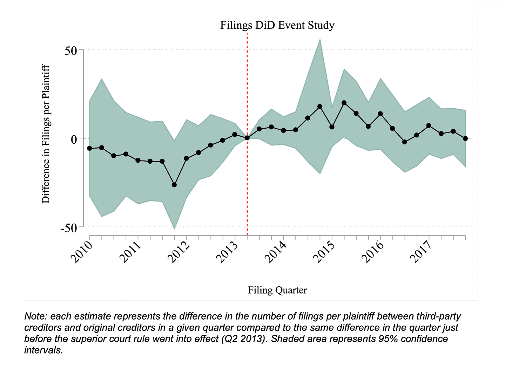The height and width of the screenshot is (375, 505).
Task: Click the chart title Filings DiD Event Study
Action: tap(277, 25)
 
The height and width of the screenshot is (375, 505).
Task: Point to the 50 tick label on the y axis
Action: tap(71, 50)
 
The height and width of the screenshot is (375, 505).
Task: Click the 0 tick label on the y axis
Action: tap(74, 139)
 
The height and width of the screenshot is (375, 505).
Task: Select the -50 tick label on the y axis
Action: tap(69, 228)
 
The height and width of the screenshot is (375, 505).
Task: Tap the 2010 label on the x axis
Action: tap(82, 252)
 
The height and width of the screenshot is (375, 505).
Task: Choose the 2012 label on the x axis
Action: tap(179, 252)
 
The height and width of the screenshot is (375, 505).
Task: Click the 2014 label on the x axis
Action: tap(275, 252)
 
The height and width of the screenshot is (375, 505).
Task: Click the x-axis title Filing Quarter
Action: tap(277, 290)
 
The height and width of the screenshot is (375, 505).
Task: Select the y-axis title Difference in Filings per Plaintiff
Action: tap(46, 134)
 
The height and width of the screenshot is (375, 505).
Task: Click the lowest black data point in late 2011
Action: tap(174, 185)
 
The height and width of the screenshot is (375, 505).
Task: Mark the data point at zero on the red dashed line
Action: tap(247, 138)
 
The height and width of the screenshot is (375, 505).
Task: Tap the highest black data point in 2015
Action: tap(344, 103)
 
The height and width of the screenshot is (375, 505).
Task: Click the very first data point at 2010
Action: tap(90, 148)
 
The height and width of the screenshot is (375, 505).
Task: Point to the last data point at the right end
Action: tap(465, 138)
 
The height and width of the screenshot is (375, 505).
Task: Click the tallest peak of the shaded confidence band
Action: tap(320, 39)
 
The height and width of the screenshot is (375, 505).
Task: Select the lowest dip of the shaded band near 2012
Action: tap(174, 228)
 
